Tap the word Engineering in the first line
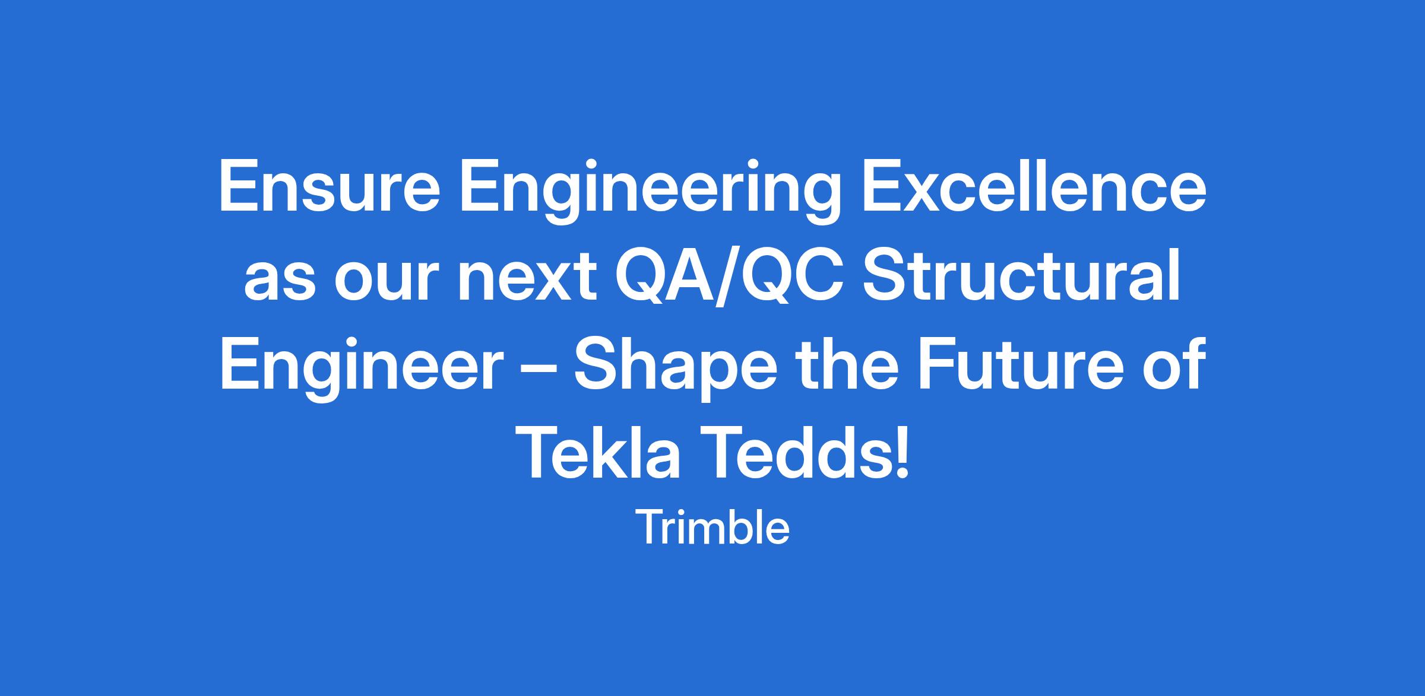(x=651, y=191)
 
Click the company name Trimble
(x=712, y=527)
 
